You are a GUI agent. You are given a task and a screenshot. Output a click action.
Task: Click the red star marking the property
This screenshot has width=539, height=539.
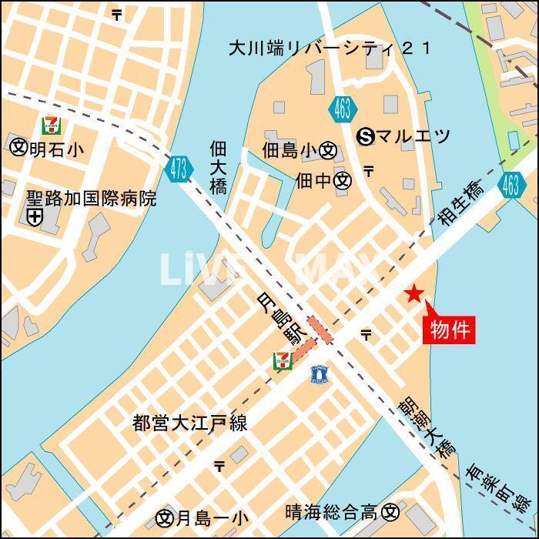pyautogui.click(x=414, y=293)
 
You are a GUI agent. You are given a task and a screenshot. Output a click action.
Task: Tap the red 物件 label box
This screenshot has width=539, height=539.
pyautogui.click(x=449, y=330)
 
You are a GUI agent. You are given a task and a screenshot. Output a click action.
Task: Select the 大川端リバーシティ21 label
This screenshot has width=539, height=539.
pyautogui.click(x=330, y=48)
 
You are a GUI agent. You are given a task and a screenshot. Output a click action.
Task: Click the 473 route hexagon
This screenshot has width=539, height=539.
pyautogui.click(x=179, y=169)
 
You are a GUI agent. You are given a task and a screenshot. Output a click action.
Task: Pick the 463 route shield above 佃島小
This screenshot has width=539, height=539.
pyautogui.click(x=343, y=109)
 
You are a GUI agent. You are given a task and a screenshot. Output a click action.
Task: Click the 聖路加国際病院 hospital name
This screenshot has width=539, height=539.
pyautogui.click(x=91, y=199)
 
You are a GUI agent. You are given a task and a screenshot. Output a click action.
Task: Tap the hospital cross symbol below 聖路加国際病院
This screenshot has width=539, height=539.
pyautogui.click(x=35, y=219)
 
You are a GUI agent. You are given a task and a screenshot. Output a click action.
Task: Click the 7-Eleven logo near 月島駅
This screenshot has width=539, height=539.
pyautogui.click(x=283, y=360)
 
